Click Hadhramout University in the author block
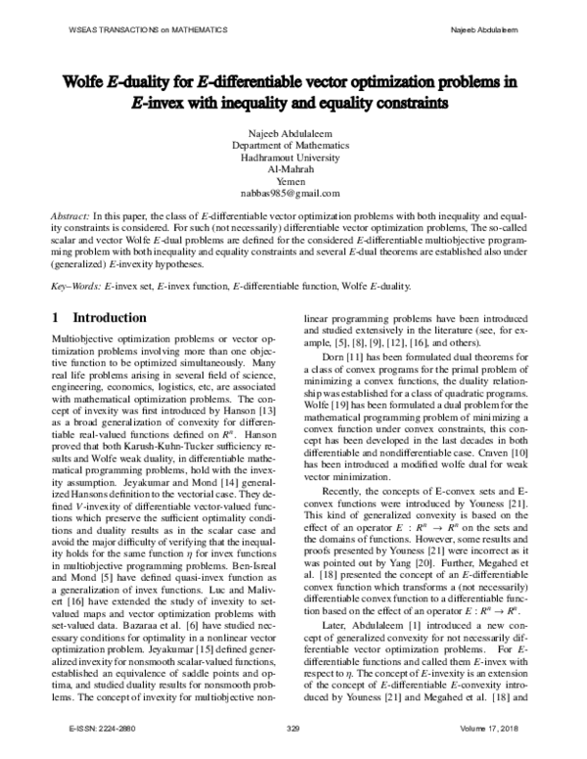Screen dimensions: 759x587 293,156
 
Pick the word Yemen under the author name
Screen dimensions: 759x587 293,181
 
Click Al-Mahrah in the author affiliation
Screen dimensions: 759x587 293,168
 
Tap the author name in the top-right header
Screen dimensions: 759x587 490,29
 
